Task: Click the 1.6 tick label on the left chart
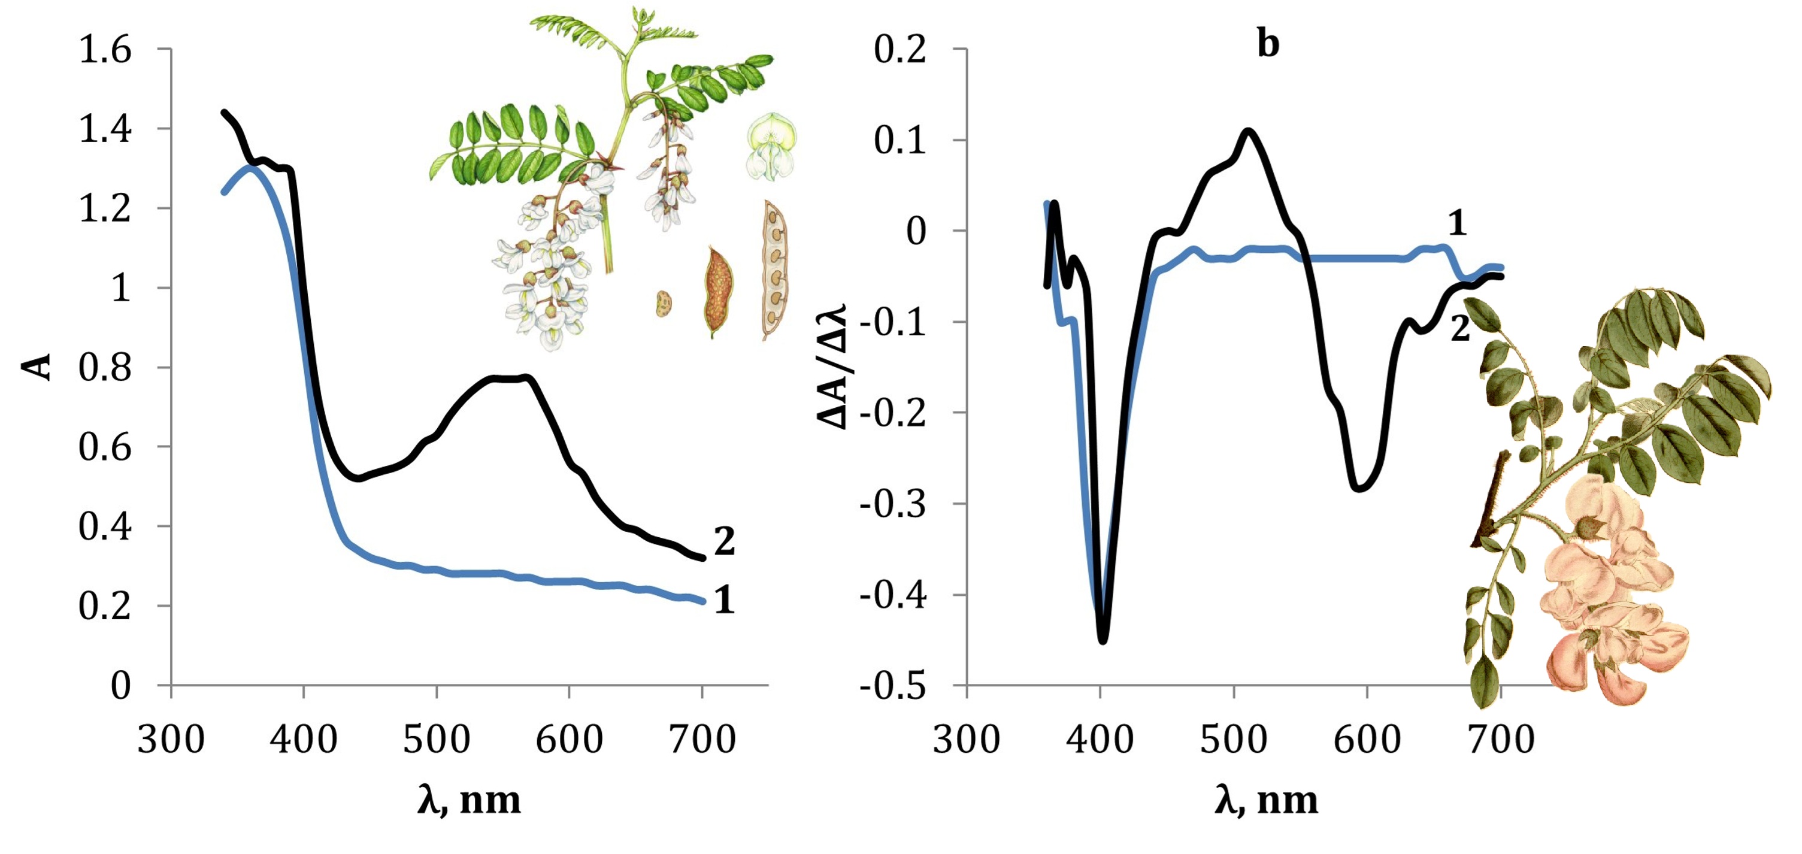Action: coord(105,50)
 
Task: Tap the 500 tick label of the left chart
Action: coord(437,739)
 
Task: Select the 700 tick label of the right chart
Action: coord(1501,739)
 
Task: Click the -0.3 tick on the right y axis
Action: coord(892,504)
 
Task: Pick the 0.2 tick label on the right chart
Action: coord(900,50)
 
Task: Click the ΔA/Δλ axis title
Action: coord(832,367)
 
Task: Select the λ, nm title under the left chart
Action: coord(470,800)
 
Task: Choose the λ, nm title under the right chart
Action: coord(1266,800)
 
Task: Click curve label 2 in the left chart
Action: coord(725,541)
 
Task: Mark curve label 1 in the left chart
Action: coord(725,600)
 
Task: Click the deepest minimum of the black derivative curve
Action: coord(1103,640)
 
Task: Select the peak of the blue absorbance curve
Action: coord(250,167)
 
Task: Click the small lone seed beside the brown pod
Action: coord(663,304)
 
